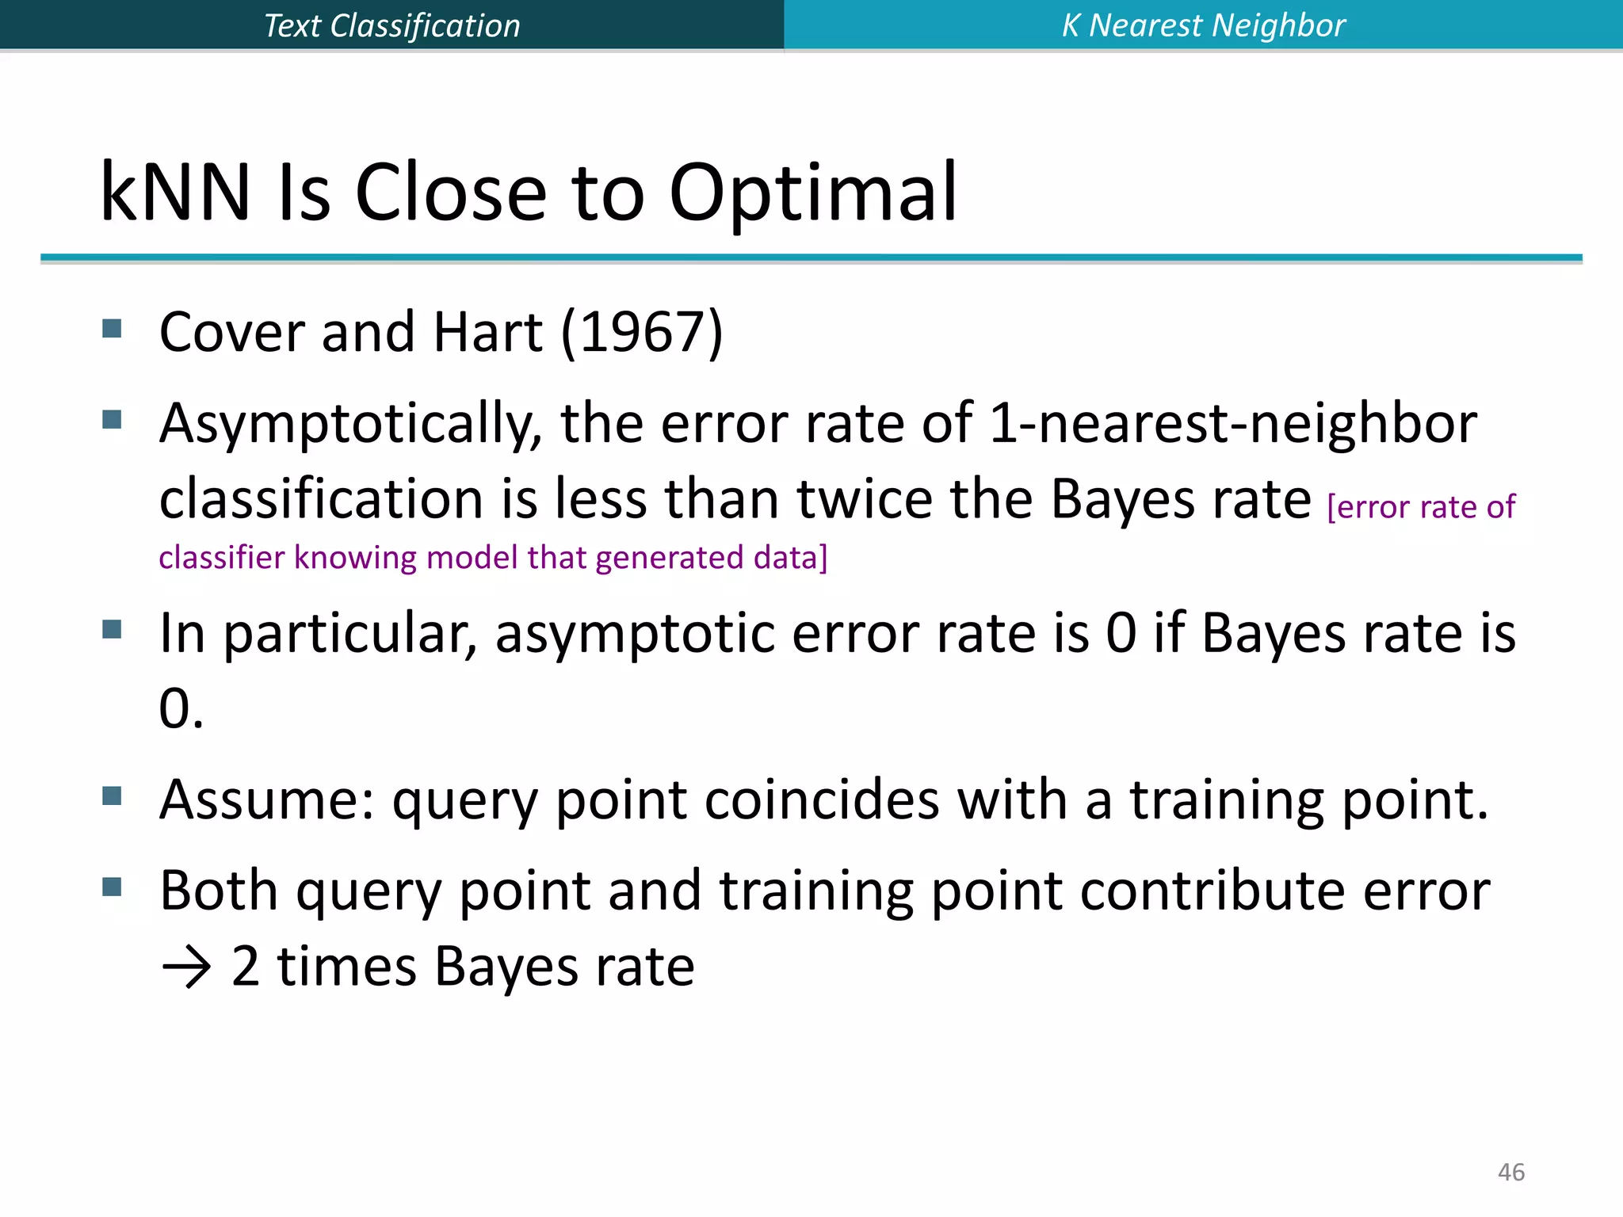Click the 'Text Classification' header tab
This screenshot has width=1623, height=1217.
click(x=391, y=25)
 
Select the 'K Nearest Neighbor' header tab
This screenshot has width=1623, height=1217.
click(x=1203, y=25)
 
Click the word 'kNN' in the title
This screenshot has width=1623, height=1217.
click(x=175, y=192)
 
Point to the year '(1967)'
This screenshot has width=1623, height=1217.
click(x=641, y=331)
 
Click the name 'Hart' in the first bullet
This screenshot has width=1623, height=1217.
click(x=487, y=331)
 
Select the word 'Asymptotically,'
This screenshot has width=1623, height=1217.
click(x=350, y=424)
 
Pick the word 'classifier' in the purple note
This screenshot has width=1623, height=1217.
click(x=221, y=557)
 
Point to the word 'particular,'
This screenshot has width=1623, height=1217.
click(x=349, y=634)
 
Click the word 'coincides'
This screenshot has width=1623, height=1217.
click(x=821, y=799)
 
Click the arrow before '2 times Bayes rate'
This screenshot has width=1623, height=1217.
click(x=185, y=968)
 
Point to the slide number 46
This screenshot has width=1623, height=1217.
click(x=1510, y=1172)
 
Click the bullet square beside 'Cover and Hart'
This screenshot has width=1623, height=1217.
click(x=112, y=328)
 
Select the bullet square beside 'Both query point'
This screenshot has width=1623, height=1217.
click(x=112, y=887)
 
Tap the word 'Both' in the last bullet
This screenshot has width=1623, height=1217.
click(x=219, y=891)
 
